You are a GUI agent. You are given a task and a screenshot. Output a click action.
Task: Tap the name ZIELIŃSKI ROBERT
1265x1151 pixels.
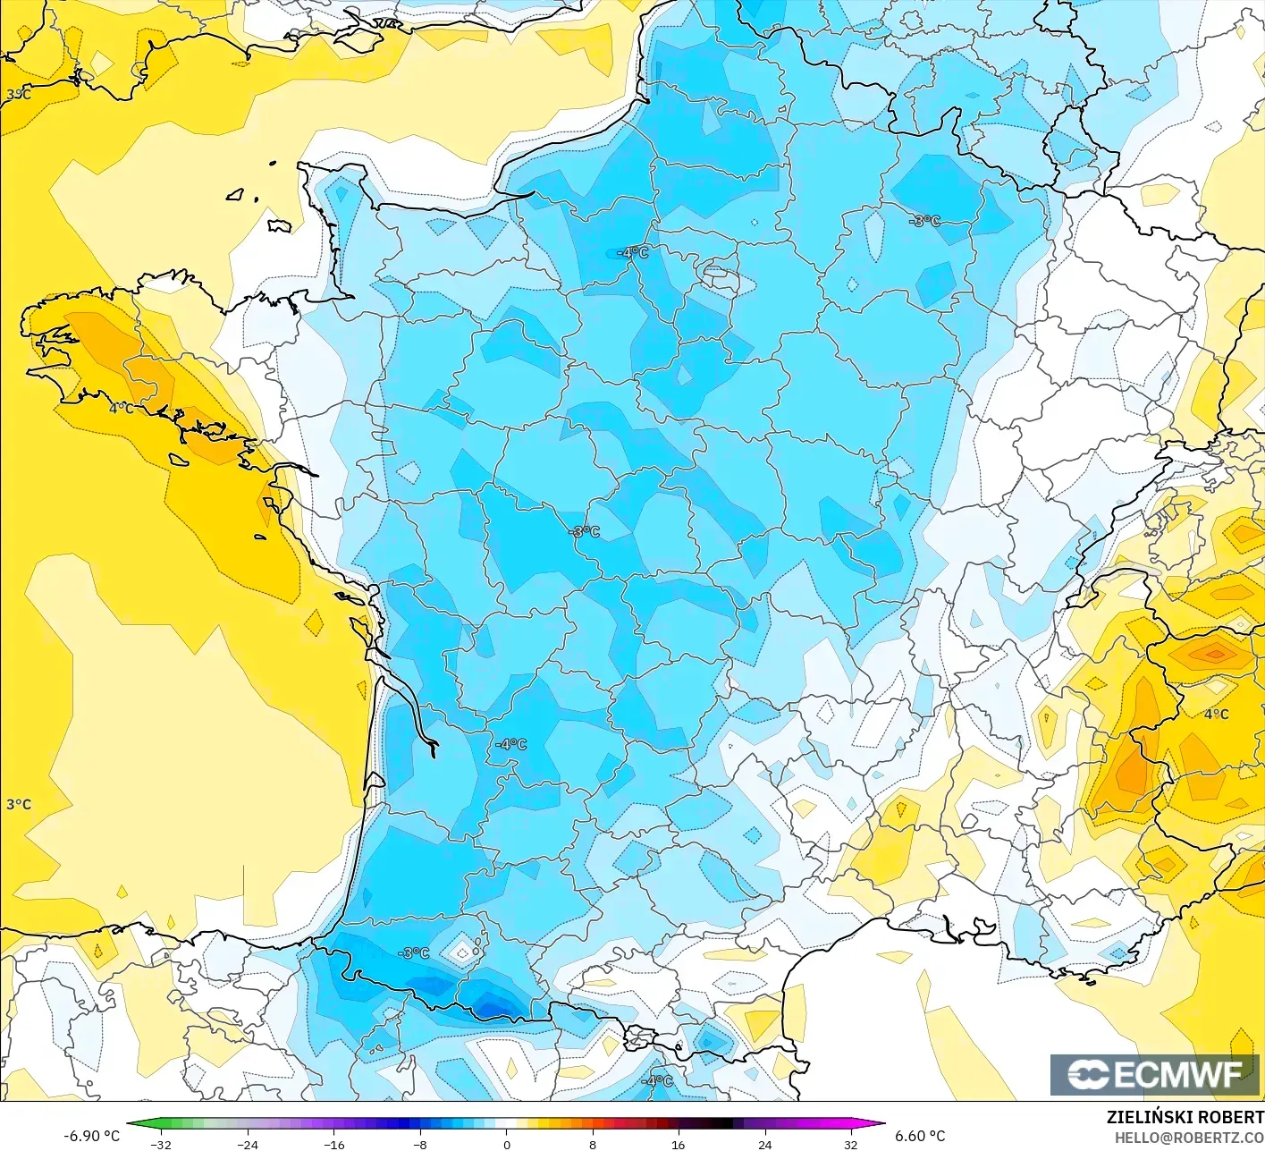coord(1185,1117)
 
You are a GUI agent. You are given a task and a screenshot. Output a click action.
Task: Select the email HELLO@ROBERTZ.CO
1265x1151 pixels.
coord(1189,1136)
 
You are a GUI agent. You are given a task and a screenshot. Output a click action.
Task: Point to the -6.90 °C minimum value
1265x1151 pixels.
coord(91,1135)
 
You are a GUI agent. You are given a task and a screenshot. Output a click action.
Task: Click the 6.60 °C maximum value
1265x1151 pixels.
coord(920,1135)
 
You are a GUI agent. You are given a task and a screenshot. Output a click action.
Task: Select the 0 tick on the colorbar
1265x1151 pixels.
coord(506,1144)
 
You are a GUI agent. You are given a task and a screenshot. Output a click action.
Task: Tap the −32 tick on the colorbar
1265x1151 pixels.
coord(161,1144)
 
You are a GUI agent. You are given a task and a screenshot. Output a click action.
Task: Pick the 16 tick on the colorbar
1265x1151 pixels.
coord(679,1144)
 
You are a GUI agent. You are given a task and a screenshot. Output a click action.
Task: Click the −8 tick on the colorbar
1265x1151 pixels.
coord(420,1144)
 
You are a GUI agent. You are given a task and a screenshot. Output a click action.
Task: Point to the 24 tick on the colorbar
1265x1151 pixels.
coord(764,1144)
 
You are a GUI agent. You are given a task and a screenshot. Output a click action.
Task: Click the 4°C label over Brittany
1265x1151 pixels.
coord(122,408)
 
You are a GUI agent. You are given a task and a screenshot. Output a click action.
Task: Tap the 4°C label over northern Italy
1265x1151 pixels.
coord(1216,714)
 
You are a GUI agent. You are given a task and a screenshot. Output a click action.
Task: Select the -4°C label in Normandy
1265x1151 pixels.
coord(633,252)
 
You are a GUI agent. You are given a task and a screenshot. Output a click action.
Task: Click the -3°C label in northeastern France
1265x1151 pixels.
coord(925,221)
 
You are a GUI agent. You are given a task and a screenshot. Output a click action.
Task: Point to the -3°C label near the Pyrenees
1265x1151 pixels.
coord(414,953)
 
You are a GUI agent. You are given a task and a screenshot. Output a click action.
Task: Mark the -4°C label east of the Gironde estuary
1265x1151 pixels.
coord(511,744)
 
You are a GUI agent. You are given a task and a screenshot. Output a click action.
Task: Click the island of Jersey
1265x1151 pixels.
coord(279,226)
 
